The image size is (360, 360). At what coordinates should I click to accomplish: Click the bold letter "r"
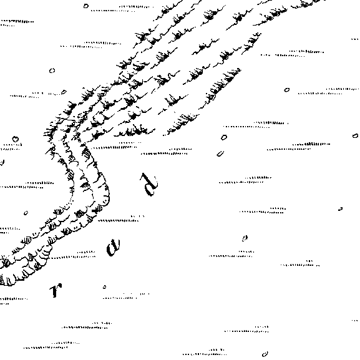56,290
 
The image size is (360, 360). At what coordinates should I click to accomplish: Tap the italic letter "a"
113,248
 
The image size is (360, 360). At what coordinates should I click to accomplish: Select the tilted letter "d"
150,184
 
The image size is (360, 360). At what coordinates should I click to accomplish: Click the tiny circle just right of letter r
104,287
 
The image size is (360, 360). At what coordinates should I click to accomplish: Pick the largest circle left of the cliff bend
16,139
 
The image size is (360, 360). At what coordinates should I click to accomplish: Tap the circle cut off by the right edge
356,135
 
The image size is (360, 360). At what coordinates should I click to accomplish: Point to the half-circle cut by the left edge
2,163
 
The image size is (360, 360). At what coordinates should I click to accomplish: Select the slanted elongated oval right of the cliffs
220,154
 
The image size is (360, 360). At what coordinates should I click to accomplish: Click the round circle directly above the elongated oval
224,137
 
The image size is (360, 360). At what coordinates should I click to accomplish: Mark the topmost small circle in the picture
86,6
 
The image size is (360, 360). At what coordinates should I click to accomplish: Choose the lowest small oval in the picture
265,354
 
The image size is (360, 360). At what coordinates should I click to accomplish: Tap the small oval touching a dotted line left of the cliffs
64,92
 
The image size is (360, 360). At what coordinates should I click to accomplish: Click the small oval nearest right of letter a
245,238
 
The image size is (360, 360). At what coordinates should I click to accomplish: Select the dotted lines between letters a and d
119,218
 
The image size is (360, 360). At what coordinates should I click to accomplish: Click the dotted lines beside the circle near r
126,296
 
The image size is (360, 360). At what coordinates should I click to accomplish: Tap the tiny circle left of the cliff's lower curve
26,213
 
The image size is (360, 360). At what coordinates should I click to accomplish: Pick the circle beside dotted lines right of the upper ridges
287,90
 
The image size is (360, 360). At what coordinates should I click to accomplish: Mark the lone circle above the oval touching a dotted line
52,71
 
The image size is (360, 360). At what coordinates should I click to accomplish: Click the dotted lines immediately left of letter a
72,255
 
